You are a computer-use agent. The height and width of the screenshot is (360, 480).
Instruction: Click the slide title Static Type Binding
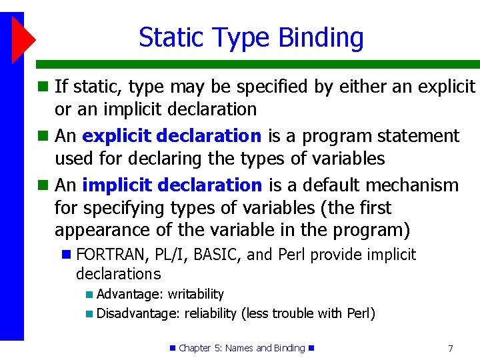251,38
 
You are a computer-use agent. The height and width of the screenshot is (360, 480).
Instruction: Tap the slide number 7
450,348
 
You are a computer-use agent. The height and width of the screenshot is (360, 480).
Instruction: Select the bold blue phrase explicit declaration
172,136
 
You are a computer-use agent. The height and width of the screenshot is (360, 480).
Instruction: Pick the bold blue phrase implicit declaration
172,185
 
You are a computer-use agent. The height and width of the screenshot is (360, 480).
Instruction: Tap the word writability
195,294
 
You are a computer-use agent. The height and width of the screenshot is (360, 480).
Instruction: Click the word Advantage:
130,294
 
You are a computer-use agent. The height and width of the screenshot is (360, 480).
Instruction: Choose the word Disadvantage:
138,313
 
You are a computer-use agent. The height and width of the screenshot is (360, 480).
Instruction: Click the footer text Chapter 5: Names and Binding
241,348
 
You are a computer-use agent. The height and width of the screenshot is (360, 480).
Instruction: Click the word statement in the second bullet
418,136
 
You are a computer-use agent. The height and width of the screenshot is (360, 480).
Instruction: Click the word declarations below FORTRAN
118,273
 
